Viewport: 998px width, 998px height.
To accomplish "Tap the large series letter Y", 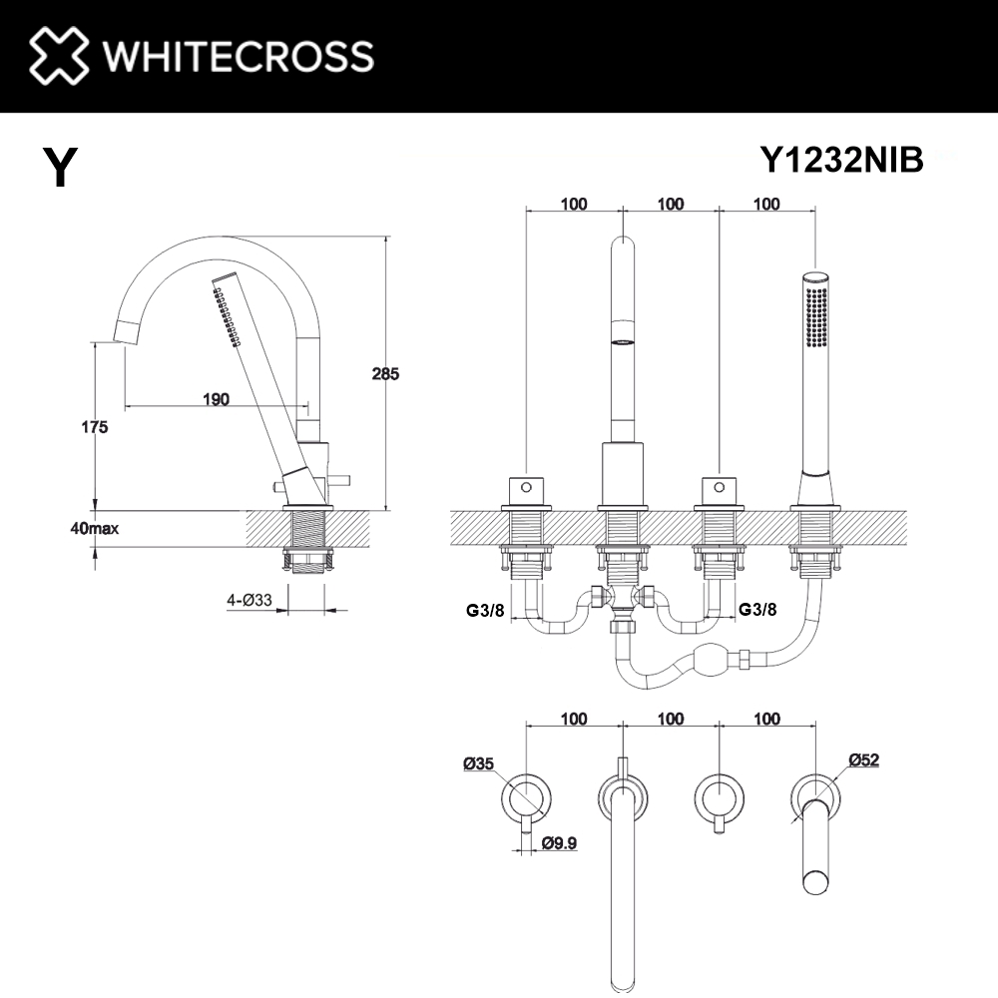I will pyautogui.click(x=61, y=168).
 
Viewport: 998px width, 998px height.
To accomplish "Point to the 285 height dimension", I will pyautogui.click(x=385, y=374).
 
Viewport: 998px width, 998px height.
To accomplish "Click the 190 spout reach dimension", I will pyautogui.click(x=216, y=399).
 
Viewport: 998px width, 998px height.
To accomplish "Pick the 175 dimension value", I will pyautogui.click(x=94, y=426).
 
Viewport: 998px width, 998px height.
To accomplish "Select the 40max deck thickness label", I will pyautogui.click(x=95, y=528).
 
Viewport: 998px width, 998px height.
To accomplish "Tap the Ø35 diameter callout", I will pyautogui.click(x=478, y=764).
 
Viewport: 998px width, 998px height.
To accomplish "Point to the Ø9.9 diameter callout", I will pyautogui.click(x=561, y=844).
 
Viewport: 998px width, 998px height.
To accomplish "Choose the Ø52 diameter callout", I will pyautogui.click(x=863, y=759).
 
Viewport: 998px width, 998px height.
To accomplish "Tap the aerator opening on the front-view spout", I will pyautogui.click(x=622, y=339).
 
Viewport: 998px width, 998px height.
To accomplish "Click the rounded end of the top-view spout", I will pyautogui.click(x=622, y=973).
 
